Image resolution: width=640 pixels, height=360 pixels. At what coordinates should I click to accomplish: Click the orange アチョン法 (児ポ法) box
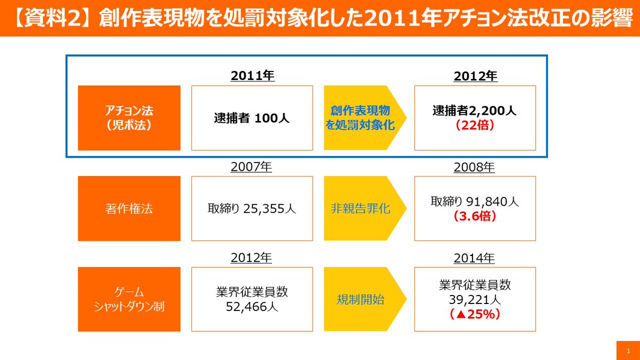tap(129, 118)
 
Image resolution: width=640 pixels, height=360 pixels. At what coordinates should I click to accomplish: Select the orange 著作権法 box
tap(129, 209)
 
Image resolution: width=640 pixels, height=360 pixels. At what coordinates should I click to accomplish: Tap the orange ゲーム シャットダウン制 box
tap(129, 299)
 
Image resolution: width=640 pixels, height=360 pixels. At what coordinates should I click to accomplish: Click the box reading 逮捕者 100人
tap(252, 118)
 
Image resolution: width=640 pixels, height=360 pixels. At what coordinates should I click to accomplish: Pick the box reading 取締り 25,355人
tap(252, 209)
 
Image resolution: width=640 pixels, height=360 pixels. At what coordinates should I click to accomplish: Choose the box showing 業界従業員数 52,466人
tap(252, 299)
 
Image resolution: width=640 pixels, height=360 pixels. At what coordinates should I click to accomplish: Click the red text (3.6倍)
tap(475, 216)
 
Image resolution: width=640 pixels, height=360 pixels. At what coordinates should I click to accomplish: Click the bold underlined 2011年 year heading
tap(252, 76)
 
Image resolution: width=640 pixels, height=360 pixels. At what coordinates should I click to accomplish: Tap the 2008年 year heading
tap(474, 167)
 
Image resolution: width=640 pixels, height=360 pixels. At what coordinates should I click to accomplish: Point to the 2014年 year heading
tap(474, 258)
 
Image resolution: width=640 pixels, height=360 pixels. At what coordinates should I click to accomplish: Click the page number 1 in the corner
tap(628, 350)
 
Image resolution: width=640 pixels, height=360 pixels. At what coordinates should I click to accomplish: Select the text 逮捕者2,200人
tap(475, 111)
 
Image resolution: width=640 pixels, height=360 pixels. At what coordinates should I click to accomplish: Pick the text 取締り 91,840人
tap(475, 202)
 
